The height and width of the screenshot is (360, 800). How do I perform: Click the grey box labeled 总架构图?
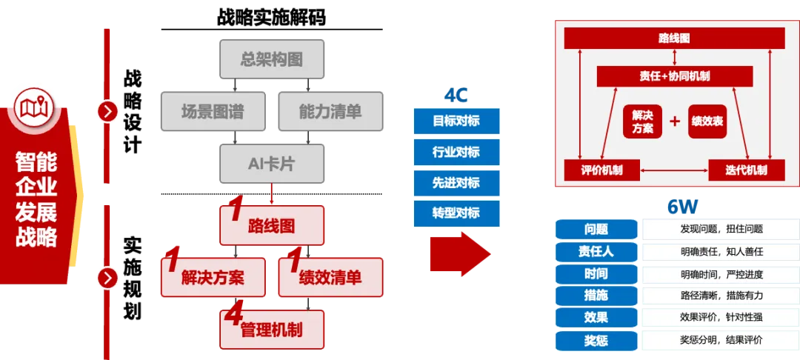click(x=272, y=60)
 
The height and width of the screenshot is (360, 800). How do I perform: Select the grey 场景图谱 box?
click(x=213, y=112)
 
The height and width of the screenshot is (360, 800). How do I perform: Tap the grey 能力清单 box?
click(x=330, y=112)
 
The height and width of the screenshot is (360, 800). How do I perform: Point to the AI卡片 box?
click(x=272, y=164)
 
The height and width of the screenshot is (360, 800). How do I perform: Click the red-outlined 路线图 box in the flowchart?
click(x=272, y=225)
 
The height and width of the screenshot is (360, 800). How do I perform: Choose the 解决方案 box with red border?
click(x=213, y=278)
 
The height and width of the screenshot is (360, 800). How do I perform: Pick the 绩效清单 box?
click(x=330, y=278)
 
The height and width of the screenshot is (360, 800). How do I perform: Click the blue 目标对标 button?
click(x=456, y=121)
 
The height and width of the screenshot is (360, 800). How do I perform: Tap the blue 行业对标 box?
click(x=456, y=152)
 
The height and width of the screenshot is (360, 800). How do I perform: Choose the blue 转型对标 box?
click(x=456, y=213)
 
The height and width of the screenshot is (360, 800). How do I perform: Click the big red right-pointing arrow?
click(x=459, y=254)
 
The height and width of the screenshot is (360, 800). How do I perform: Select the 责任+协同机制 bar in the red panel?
click(x=674, y=76)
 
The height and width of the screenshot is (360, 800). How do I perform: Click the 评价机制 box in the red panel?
click(x=601, y=170)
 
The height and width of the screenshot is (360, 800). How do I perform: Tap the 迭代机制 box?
click(x=746, y=170)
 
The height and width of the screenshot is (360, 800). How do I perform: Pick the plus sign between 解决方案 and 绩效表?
click(x=675, y=121)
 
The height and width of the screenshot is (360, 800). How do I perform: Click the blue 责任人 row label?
click(x=596, y=251)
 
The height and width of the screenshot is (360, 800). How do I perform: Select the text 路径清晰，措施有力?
click(x=721, y=296)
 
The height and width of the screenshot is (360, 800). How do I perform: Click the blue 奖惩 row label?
click(x=596, y=341)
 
